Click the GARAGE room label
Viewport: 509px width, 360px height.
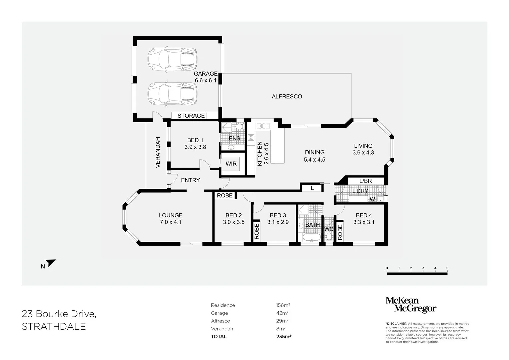pyautogui.click(x=205, y=74)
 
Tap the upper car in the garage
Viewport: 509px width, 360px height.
pyautogui.click(x=172, y=59)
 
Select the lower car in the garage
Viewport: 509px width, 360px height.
pyautogui.click(x=172, y=94)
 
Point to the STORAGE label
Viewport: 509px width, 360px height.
pyautogui.click(x=191, y=116)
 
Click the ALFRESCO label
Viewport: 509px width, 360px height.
pyautogui.click(x=287, y=96)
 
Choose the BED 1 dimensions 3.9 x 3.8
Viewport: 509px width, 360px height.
pyautogui.click(x=195, y=147)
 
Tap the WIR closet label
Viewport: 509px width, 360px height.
pyautogui.click(x=231, y=164)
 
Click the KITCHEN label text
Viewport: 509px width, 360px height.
pyautogui.click(x=260, y=154)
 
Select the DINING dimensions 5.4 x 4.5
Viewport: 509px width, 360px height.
pyautogui.click(x=314, y=160)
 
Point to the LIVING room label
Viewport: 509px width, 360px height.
pyautogui.click(x=363, y=146)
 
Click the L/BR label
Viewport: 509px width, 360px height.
pyautogui.click(x=365, y=181)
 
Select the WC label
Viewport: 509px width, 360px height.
pyautogui.click(x=329, y=229)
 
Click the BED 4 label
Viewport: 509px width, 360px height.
pyautogui.click(x=364, y=215)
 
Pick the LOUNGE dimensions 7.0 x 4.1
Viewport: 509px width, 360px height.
pyautogui.click(x=170, y=222)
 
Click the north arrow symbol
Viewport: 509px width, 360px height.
pyautogui.click(x=51, y=263)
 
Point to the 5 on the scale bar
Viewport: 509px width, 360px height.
pyautogui.click(x=447, y=268)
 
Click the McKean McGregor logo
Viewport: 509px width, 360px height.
pyautogui.click(x=411, y=305)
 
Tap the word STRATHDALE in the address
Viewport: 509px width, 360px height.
pyautogui.click(x=54, y=326)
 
